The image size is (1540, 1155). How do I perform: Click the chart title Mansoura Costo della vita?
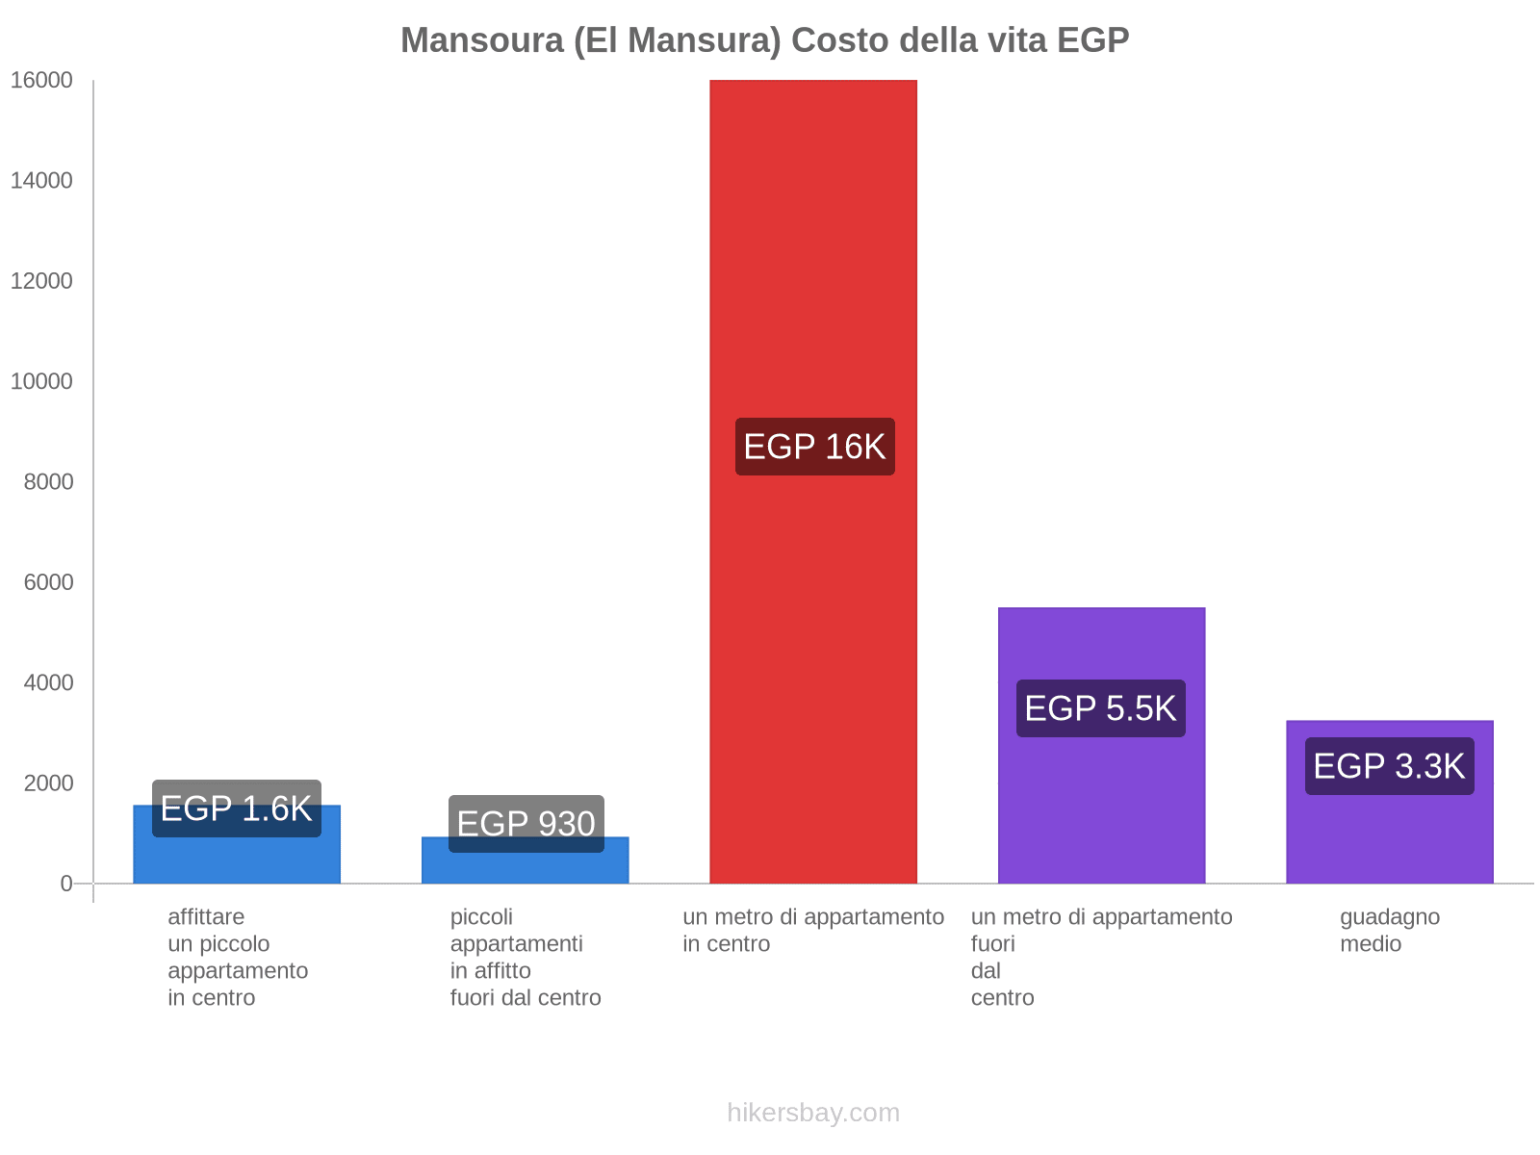pos(764,40)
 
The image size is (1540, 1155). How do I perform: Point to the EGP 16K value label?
pos(814,447)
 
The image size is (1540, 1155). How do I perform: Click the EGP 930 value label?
pos(526,824)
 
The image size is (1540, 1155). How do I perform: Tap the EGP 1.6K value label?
pos(236,808)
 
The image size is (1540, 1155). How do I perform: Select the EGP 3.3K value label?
pos(1389,766)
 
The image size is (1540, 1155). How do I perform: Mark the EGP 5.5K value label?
pos(1100,708)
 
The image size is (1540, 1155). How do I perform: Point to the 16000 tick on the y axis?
pos(41,81)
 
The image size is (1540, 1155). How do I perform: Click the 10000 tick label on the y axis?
pos(41,382)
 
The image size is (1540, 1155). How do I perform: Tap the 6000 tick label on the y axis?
pos(48,582)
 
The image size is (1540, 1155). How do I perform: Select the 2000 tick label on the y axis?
pos(48,783)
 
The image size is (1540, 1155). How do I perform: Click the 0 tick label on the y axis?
pos(66,884)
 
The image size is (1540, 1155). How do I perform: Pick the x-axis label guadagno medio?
pos(1389,930)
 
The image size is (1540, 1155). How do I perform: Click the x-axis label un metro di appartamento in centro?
pos(813,930)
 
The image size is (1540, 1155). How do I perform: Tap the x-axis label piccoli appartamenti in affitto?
pos(525,957)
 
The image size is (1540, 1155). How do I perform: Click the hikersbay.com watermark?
pos(813,1113)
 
